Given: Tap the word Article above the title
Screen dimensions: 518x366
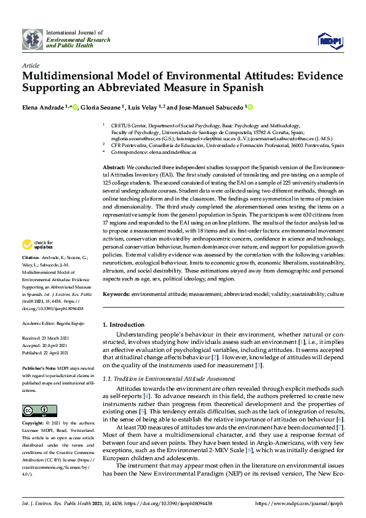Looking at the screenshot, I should click(x=30, y=65).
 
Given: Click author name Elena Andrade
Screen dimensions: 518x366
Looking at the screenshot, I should click(x=42, y=107).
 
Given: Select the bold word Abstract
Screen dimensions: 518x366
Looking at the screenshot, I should click(x=113, y=167).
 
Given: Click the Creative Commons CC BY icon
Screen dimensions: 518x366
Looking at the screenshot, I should click(x=35, y=410).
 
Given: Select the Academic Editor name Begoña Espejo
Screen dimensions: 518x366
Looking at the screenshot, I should click(x=71, y=322).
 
